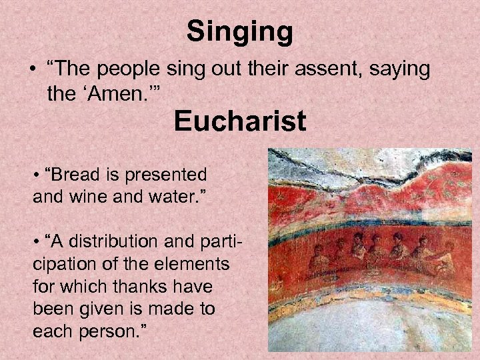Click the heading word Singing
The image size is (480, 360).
point(239,32)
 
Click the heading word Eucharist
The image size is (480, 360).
point(240,122)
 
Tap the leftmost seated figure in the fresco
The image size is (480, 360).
point(318,256)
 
